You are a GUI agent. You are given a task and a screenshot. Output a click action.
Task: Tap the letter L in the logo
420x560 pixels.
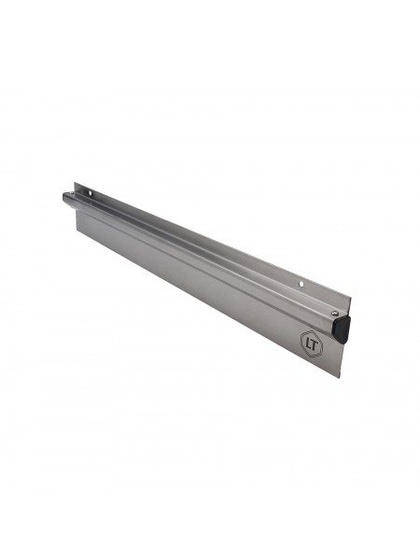[309, 343]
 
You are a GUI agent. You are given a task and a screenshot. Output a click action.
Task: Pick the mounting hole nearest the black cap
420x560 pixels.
[301, 285]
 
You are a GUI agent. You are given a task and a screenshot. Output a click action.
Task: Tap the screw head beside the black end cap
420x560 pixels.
[333, 313]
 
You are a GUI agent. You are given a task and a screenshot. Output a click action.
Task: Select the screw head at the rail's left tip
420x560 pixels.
[72, 193]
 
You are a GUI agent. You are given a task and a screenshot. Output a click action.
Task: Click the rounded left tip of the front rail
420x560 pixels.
[64, 197]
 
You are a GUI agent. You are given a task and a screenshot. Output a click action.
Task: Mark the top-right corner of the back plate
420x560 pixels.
[350, 297]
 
